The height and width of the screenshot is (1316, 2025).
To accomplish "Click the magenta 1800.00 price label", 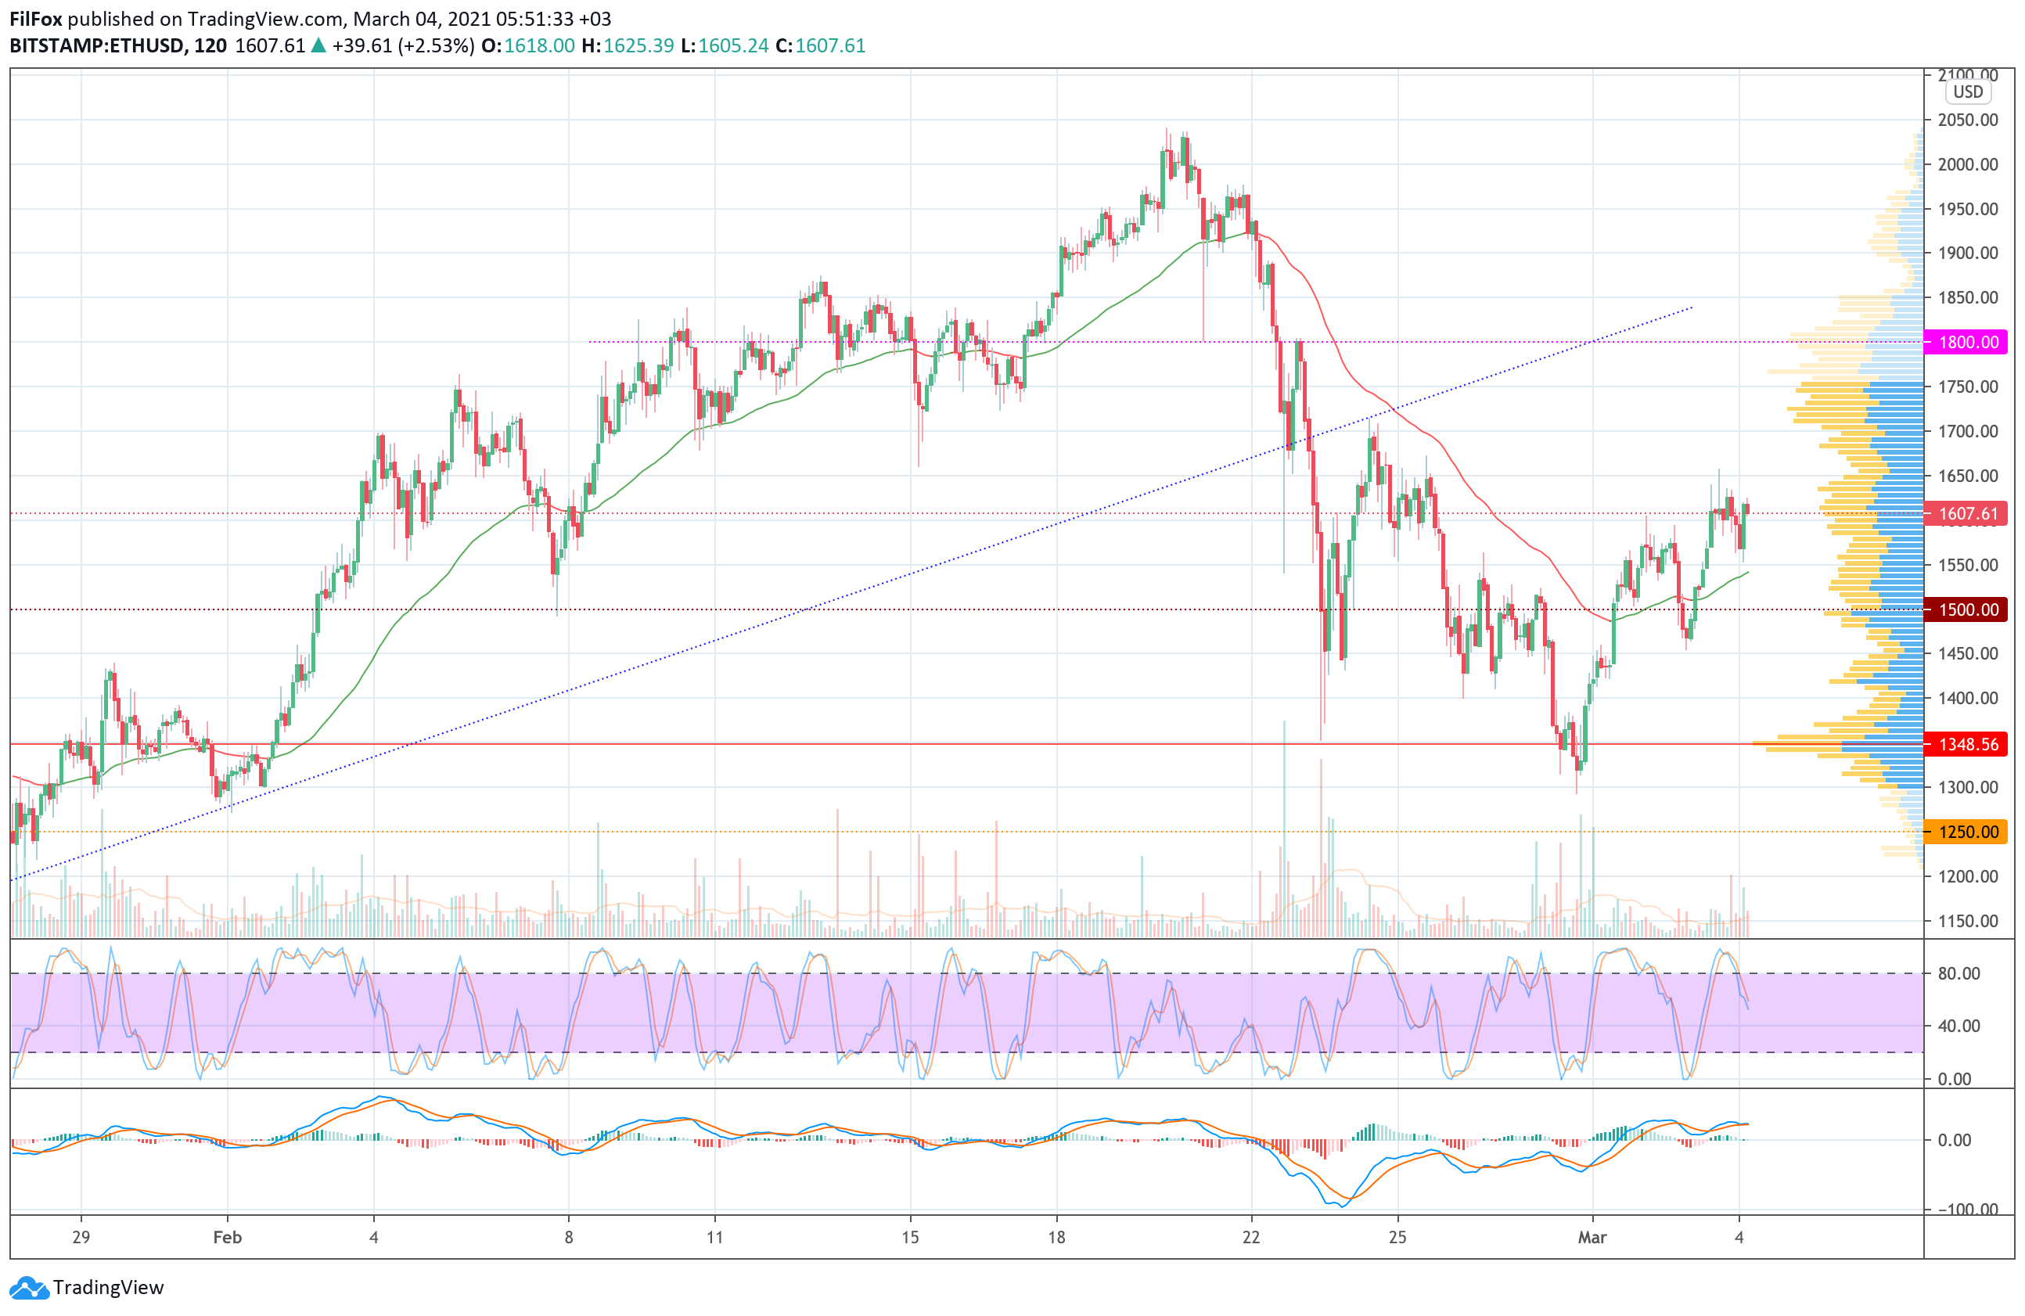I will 1967,342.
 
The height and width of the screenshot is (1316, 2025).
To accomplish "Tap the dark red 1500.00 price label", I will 1967,609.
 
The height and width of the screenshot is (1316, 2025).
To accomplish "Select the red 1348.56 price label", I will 1967,744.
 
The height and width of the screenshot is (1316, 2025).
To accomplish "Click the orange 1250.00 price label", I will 1967,832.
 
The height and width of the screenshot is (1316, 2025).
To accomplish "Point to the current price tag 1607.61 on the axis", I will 1967,514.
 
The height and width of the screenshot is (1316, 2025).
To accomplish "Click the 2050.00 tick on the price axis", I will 1967,120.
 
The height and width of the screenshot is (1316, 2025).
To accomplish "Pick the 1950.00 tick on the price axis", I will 1967,209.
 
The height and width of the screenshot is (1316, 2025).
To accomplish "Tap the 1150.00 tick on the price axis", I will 1967,920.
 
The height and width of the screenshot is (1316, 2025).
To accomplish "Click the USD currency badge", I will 1967,92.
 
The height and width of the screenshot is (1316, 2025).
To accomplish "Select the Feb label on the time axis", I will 227,1237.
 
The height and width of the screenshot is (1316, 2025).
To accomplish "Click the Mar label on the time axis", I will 1592,1237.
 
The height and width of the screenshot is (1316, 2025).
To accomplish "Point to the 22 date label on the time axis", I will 1250,1237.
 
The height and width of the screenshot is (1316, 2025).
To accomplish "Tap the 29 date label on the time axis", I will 81,1237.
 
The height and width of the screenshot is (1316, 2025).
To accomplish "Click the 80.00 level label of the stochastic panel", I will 1958,973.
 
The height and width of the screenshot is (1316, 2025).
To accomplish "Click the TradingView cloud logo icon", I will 29,1288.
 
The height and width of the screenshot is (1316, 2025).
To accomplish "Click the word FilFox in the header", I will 36,19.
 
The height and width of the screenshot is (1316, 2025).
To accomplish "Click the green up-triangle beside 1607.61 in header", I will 318,46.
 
